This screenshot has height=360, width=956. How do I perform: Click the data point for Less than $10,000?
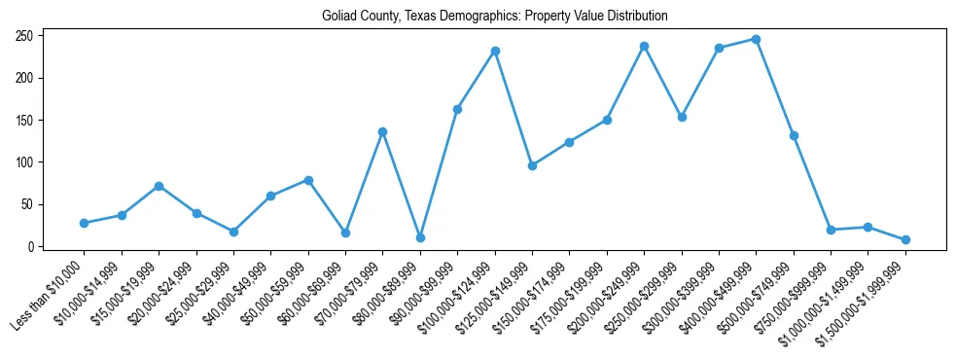[x=85, y=223]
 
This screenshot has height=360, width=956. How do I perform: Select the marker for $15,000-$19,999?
[x=159, y=186]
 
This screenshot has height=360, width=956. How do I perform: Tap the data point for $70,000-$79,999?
[x=382, y=131]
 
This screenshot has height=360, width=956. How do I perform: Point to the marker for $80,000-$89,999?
[x=420, y=237]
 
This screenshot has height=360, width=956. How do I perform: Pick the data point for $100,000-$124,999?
[x=495, y=51]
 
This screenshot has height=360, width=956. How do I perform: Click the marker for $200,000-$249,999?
[x=644, y=46]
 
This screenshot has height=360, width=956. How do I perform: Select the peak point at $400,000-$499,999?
[x=756, y=39]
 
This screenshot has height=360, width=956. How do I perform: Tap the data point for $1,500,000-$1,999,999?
[x=905, y=239]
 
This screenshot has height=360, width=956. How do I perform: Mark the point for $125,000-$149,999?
[x=532, y=165]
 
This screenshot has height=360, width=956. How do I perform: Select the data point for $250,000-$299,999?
[x=682, y=117]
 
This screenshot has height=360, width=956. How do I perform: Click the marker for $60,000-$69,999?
[x=345, y=233]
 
